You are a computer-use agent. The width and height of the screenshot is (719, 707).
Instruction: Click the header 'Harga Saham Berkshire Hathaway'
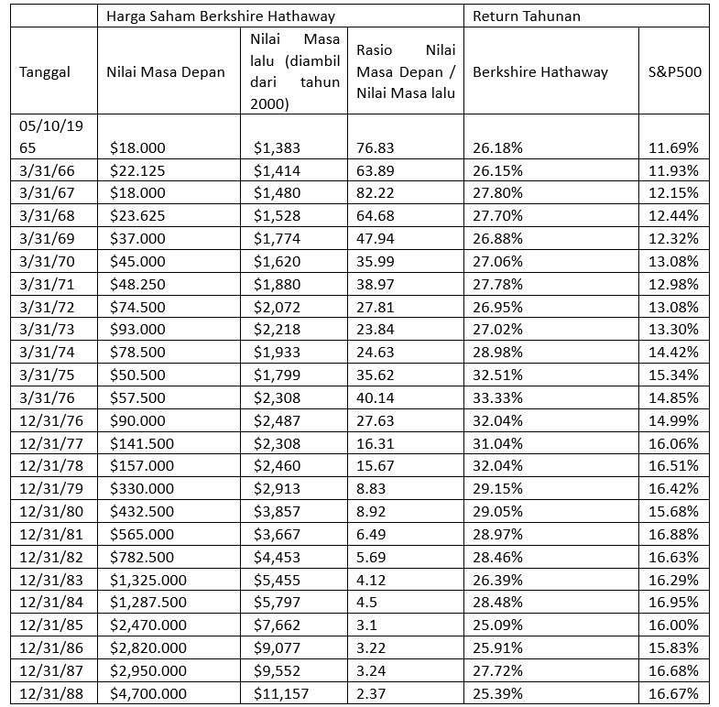point(221,16)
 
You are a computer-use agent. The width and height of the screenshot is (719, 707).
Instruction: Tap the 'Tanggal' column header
point(45,71)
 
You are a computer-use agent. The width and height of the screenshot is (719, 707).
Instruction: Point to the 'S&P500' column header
point(674,71)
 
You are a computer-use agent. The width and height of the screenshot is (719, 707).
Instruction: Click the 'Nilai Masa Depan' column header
point(166,71)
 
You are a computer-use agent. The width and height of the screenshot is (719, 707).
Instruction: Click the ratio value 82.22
point(372,192)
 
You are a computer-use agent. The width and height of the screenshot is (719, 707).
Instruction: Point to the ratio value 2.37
point(369,693)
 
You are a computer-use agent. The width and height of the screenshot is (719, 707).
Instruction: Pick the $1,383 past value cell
point(275,147)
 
